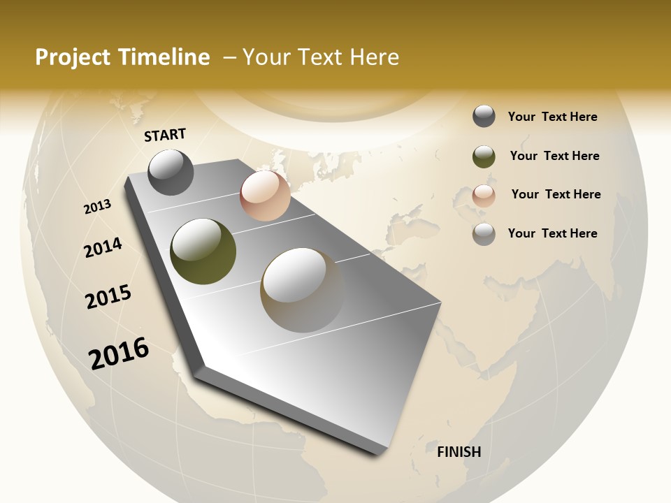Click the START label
(x=165, y=135)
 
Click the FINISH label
(x=459, y=452)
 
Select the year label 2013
(x=98, y=207)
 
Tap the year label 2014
(x=103, y=247)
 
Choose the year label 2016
(x=119, y=353)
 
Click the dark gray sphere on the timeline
(x=171, y=172)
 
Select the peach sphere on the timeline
(x=265, y=196)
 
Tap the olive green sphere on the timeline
(x=203, y=251)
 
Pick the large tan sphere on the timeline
(x=302, y=290)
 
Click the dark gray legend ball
(x=484, y=117)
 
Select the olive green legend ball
(x=484, y=156)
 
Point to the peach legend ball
(x=484, y=196)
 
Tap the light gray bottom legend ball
(x=484, y=234)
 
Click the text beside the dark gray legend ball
(x=552, y=117)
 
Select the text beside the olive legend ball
(x=554, y=156)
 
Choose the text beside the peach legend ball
(x=556, y=194)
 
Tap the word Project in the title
(x=73, y=57)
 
